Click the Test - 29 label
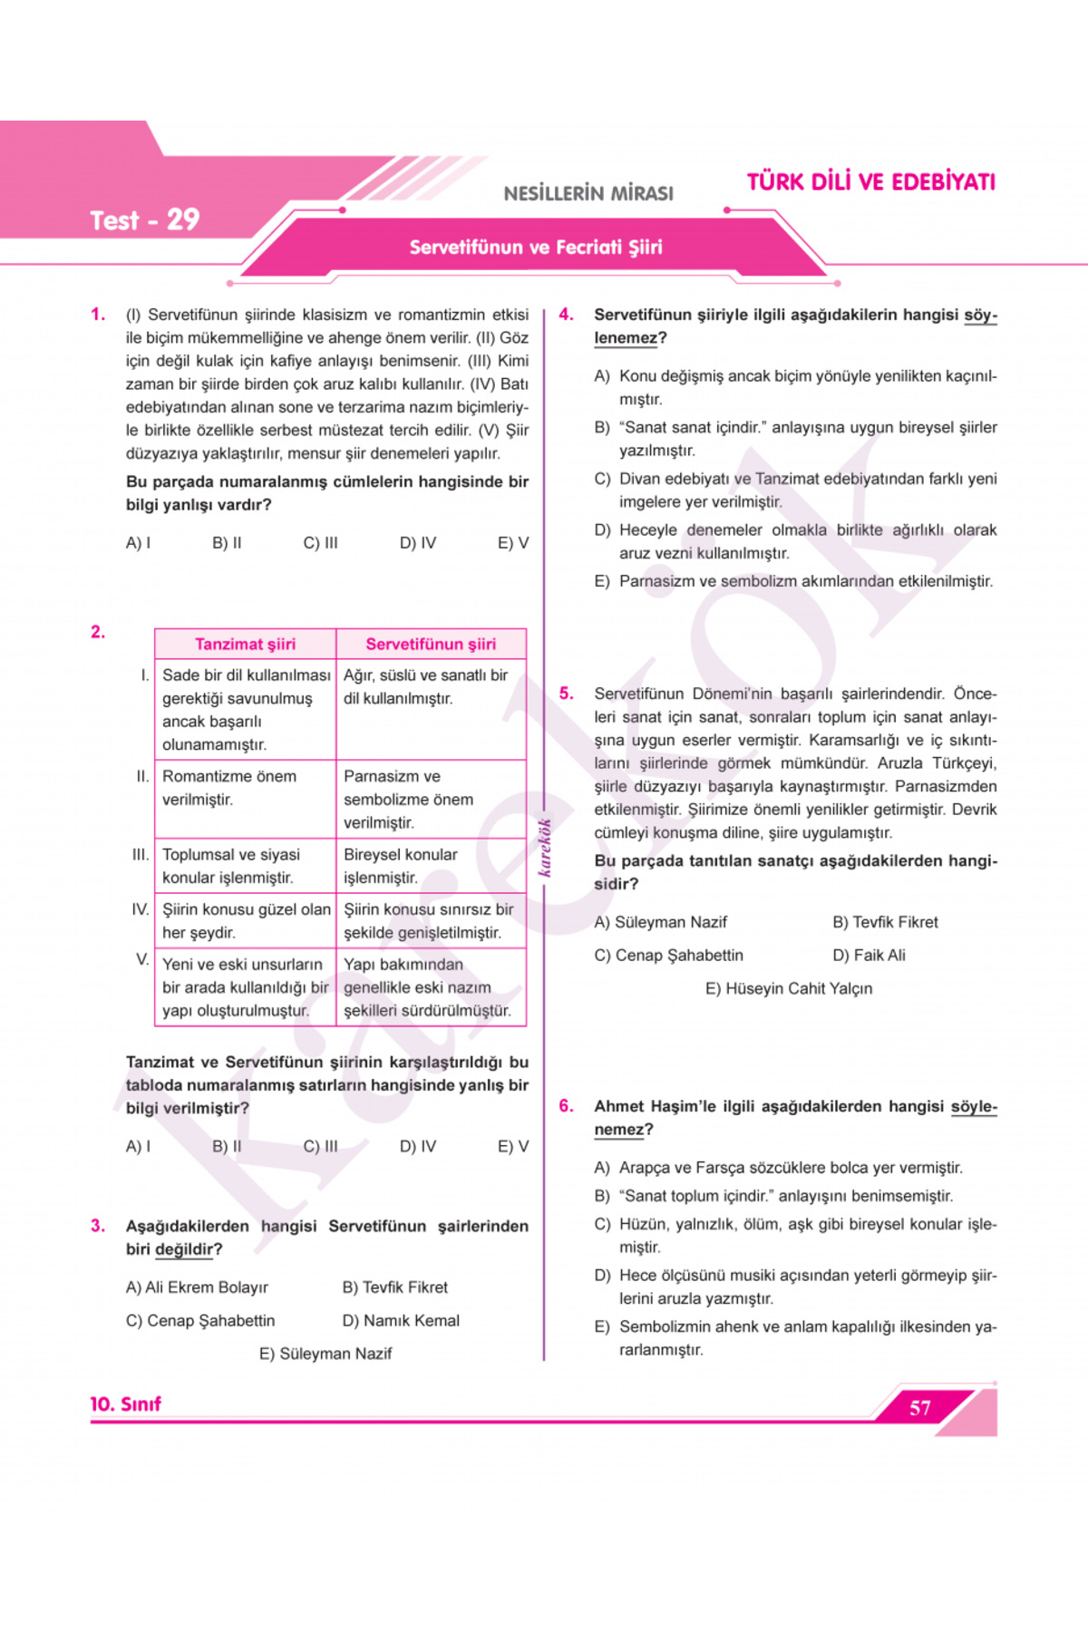(144, 220)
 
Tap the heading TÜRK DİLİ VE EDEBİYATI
(870, 182)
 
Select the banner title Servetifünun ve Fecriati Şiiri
(536, 248)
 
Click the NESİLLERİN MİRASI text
(588, 193)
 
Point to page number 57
(919, 1408)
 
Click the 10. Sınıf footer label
(125, 1404)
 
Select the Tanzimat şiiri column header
(245, 644)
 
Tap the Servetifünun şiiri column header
(431, 644)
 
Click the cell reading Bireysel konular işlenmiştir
(400, 866)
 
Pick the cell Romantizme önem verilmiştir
(228, 788)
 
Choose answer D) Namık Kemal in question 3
(401, 1321)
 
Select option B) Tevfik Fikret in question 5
(885, 922)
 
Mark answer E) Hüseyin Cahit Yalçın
(789, 988)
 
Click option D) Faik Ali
(869, 956)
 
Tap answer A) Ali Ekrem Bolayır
(197, 1287)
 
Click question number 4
(566, 315)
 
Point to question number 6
(566, 1106)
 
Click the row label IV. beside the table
(141, 909)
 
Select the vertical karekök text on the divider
(545, 848)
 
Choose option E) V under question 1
(512, 543)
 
